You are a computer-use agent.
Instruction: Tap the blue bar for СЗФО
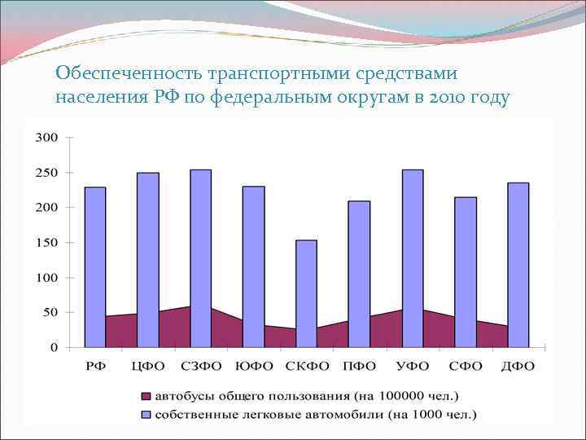(200, 244)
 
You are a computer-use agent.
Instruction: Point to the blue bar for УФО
(413, 244)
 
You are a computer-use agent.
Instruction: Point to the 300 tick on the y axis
(47, 137)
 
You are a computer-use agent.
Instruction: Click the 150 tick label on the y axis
(47, 243)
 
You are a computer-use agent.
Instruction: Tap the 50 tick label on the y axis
(50, 313)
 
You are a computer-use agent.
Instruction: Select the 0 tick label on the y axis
(55, 348)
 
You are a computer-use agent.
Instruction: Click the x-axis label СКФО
(306, 367)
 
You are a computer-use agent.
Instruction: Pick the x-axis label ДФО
(518, 367)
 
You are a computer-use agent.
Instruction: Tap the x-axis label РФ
(95, 367)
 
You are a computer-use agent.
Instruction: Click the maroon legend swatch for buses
(146, 397)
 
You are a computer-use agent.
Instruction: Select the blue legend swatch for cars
(146, 415)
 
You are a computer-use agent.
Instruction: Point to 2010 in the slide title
(446, 99)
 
